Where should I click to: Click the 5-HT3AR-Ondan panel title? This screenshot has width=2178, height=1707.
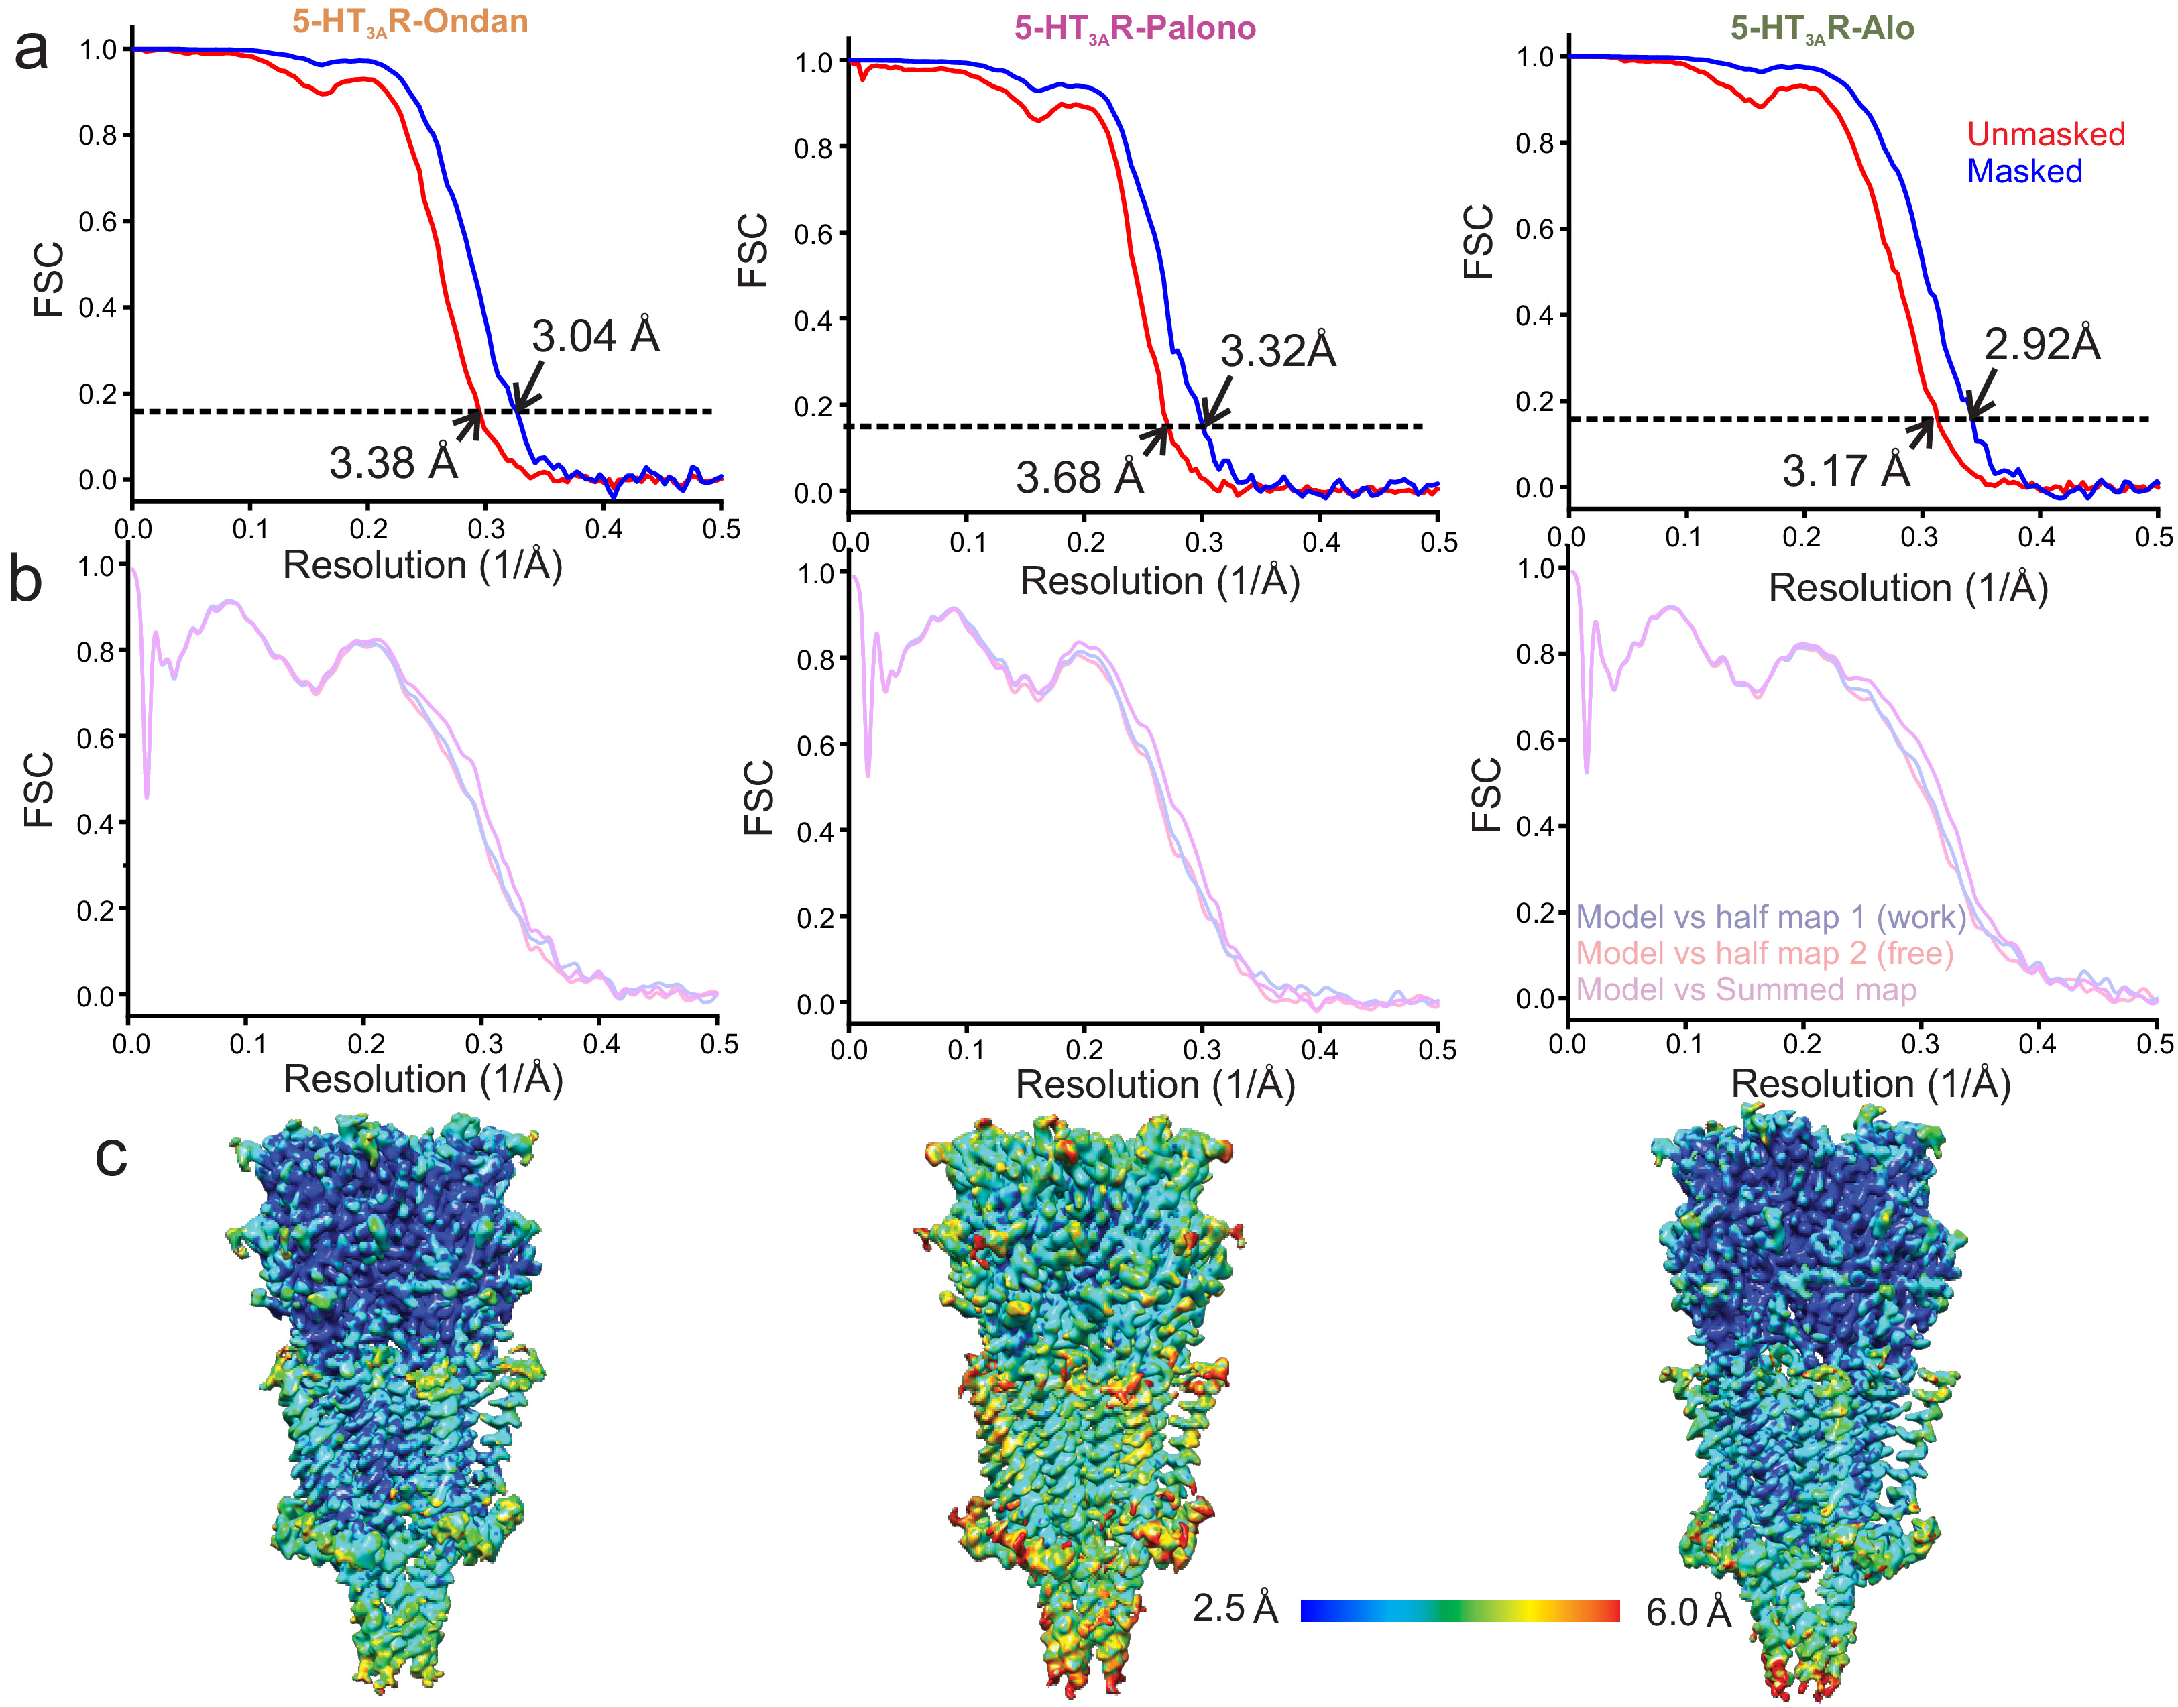point(410,22)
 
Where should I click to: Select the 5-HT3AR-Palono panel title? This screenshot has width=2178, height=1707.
point(1135,28)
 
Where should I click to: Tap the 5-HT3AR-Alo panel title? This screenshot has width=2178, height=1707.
point(1821,28)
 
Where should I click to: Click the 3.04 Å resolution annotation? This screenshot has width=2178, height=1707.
point(595,336)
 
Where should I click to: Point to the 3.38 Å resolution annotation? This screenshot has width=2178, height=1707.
point(393,463)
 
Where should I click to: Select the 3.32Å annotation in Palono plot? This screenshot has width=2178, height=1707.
point(1277,351)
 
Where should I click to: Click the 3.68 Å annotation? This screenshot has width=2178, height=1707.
point(1080,478)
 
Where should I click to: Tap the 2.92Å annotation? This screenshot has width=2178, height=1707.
point(2041,344)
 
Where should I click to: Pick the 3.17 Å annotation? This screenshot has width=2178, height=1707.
point(1845,471)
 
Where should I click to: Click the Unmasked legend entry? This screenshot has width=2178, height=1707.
point(2045,134)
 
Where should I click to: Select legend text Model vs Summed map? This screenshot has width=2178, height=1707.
point(1745,990)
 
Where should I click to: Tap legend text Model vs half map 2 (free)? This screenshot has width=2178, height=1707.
point(1764,953)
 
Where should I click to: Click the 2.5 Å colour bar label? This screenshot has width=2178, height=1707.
point(1235,1608)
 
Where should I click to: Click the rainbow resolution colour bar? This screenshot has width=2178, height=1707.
point(1459,1610)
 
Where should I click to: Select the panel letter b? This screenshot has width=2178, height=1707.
point(26,580)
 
